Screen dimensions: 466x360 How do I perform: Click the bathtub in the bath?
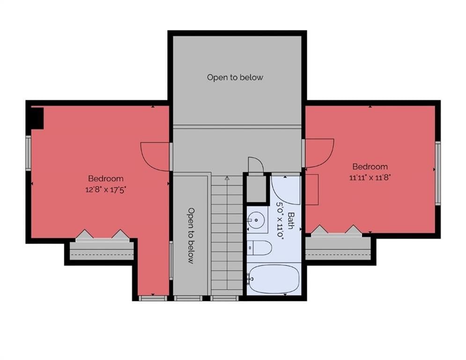(x=274, y=279)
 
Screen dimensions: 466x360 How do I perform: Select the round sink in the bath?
(x=256, y=220)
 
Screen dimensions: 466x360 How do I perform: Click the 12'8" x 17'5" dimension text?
(x=106, y=189)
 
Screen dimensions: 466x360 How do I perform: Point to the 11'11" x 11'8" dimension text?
(x=370, y=178)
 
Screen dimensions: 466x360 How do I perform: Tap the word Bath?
(x=291, y=221)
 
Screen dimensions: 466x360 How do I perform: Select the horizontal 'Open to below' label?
(x=235, y=77)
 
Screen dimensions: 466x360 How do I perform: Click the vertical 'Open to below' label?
(x=191, y=236)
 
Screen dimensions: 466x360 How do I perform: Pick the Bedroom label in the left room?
(x=106, y=179)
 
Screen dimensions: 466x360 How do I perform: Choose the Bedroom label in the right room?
(x=370, y=166)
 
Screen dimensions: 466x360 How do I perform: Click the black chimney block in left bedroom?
(x=37, y=118)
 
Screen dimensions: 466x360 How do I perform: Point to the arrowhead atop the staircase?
(x=227, y=179)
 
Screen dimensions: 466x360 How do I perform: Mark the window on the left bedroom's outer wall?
(x=28, y=153)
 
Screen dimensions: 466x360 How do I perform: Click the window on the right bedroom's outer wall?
(x=438, y=173)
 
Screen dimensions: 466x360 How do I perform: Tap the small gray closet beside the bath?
(x=257, y=189)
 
